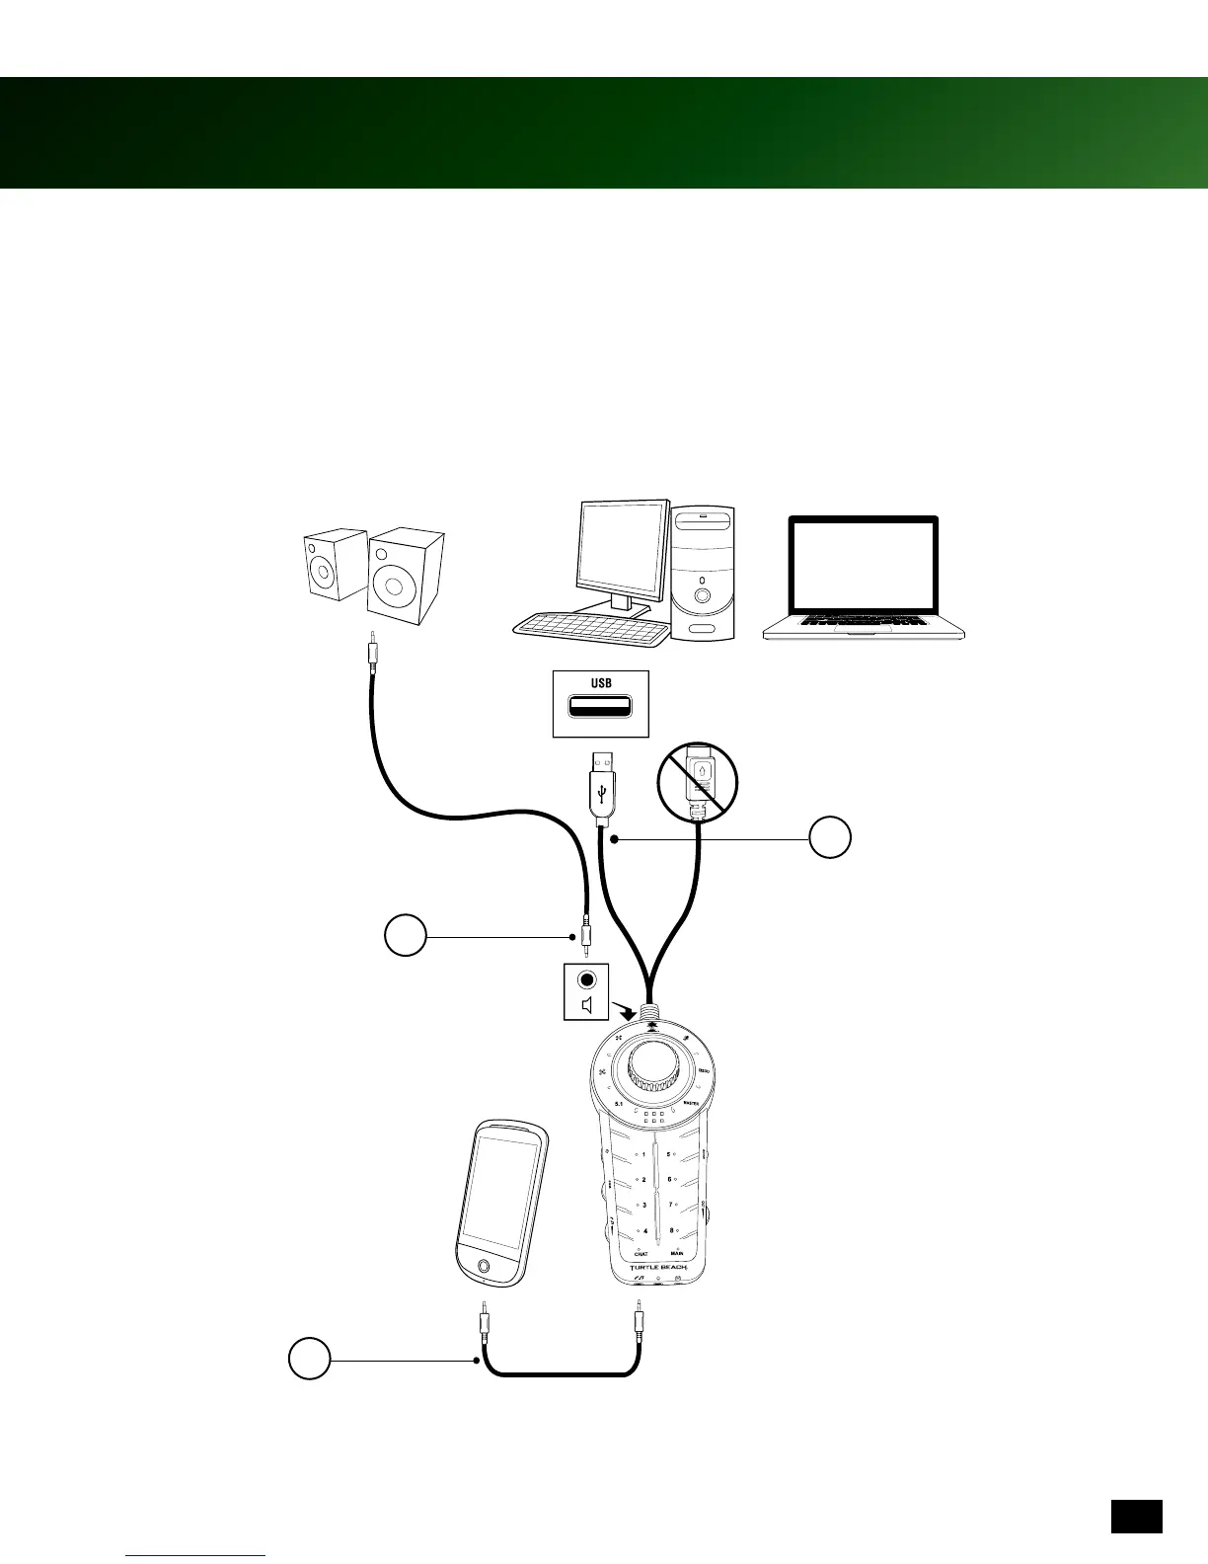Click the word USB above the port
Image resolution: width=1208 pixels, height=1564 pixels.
coord(601,683)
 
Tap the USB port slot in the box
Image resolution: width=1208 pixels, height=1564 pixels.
coord(601,708)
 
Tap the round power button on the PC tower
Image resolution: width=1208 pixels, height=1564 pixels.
coord(702,596)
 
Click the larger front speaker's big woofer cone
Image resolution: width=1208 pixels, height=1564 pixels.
coord(395,586)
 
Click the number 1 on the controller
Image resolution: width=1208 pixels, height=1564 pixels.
coord(644,1153)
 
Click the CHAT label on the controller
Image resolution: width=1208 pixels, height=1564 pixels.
coord(641,1254)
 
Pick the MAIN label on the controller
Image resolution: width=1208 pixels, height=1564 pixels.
coord(678,1254)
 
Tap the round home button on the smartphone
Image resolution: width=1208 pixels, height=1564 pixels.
coord(483,1267)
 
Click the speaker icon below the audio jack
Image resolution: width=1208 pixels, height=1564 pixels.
coord(587,1006)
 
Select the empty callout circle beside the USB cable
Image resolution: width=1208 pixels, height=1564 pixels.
coord(830,837)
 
